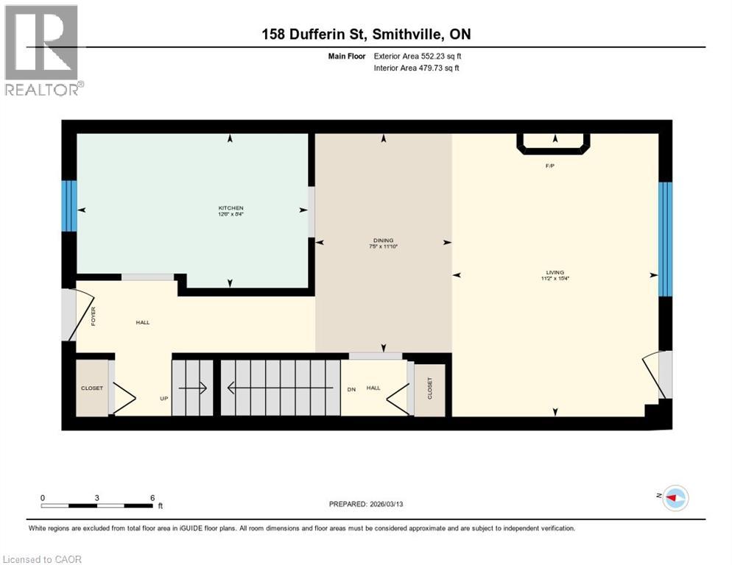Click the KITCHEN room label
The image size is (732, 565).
230,208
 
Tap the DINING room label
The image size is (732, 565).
383,241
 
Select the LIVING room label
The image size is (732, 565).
555,273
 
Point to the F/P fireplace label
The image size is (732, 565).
549,166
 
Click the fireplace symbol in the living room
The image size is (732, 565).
555,143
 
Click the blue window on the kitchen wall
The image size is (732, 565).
69,207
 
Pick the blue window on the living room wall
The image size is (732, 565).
665,238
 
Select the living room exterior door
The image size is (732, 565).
658,374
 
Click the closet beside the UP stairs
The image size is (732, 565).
92,388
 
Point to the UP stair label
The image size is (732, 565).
164,398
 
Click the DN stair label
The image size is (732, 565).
351,388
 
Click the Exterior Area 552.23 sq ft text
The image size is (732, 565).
419,56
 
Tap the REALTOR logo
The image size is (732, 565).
43,50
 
